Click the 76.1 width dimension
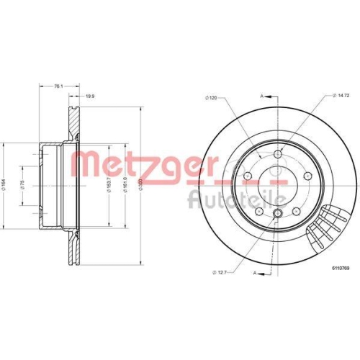(x=58, y=86)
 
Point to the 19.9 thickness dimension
(x=90, y=96)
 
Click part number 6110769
(x=339, y=266)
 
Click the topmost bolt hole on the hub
(x=278, y=153)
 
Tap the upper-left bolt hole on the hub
(x=248, y=175)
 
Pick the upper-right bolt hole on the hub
(x=308, y=175)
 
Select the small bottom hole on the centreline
(x=278, y=212)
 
